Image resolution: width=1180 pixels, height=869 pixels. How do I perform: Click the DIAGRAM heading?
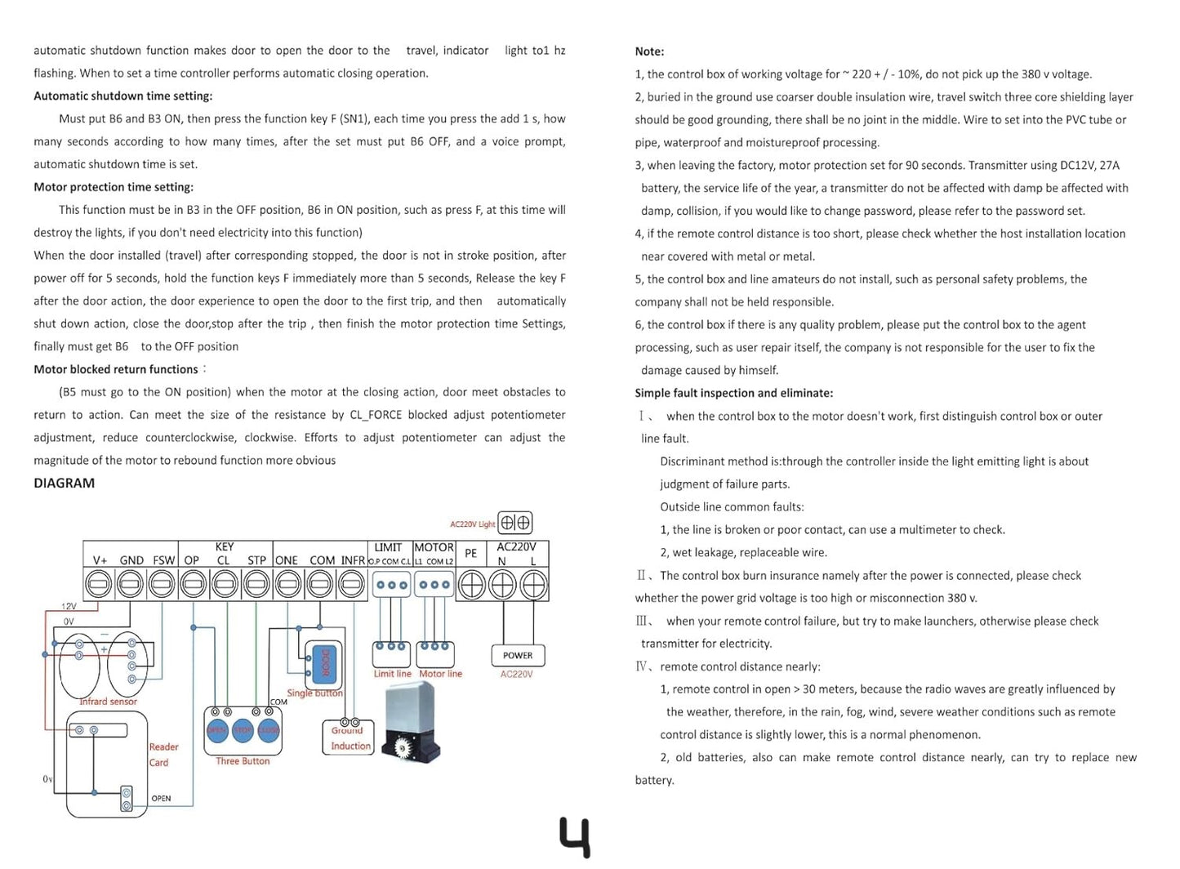tap(64, 483)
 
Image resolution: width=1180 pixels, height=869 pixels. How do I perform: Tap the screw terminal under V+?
tap(99, 585)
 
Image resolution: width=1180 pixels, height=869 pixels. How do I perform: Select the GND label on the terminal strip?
tap(131, 560)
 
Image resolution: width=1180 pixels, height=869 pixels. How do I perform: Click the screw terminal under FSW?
tap(162, 585)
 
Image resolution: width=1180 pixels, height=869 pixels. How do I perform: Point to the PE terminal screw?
tap(471, 585)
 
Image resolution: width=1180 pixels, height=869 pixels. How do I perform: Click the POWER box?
tap(518, 655)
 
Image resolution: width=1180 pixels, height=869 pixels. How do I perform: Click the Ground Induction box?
tap(350, 738)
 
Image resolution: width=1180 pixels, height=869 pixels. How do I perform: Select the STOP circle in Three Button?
tap(243, 731)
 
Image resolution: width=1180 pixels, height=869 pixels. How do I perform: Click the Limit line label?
tap(392, 674)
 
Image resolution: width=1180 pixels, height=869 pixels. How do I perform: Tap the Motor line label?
tap(440, 674)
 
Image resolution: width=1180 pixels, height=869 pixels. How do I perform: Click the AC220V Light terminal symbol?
tap(514, 523)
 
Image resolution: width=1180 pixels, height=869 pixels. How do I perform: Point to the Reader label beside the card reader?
tap(163, 746)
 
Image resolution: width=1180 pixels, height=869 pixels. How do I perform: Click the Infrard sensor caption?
tap(108, 702)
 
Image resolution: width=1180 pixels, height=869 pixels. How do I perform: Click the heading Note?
tap(649, 51)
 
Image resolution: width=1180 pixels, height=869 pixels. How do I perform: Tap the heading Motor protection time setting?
tap(114, 187)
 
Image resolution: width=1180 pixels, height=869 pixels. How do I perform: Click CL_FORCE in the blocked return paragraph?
tap(376, 415)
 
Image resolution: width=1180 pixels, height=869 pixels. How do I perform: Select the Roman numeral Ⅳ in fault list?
tap(642, 666)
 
